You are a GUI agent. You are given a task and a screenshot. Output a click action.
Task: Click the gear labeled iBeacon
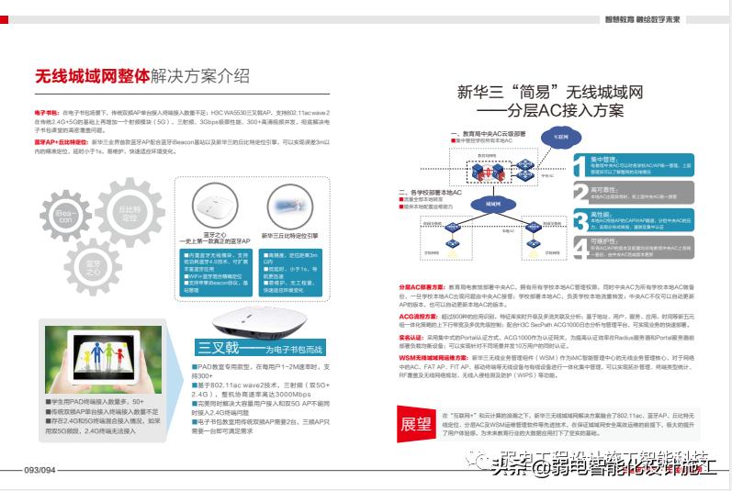point(66,218)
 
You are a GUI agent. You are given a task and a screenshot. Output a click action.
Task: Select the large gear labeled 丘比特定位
point(129,213)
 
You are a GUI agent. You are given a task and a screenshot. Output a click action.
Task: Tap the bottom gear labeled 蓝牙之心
point(94,269)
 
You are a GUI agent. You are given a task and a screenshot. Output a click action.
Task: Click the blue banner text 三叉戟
point(219,348)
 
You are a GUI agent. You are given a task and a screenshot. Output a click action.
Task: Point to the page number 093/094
point(40,470)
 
